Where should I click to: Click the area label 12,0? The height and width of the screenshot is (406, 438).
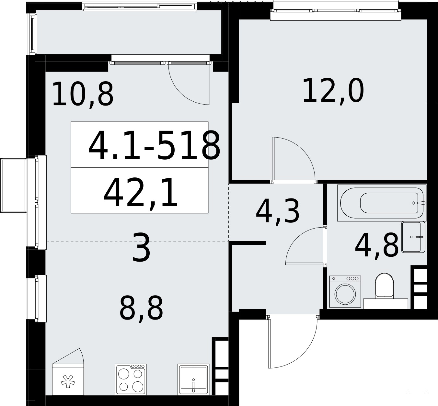point(333,91)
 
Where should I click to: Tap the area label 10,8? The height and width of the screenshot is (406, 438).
point(83,94)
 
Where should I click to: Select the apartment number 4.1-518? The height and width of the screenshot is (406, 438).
point(154,145)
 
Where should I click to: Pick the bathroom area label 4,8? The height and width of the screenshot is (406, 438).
point(377,246)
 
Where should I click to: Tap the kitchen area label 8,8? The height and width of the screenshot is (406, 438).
point(141,309)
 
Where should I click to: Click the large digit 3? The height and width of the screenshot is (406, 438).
point(141,248)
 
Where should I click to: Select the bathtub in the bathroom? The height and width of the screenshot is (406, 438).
point(382,203)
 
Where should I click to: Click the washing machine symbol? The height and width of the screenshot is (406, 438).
point(345,292)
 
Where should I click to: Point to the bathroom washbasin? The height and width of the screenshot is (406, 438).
point(413,237)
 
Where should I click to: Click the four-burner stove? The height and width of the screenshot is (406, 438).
point(131,379)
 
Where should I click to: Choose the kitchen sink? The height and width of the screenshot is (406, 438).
point(193,379)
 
